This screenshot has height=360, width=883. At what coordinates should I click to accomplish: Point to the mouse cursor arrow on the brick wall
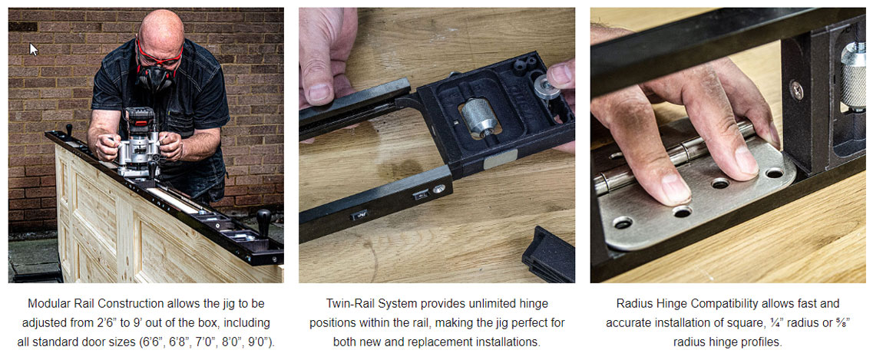pyautogui.click(x=33, y=49)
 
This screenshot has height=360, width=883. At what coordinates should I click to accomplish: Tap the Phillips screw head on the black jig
pyautogui.click(x=797, y=89)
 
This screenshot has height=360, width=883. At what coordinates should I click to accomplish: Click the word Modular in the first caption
pyautogui.click(x=47, y=304)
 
